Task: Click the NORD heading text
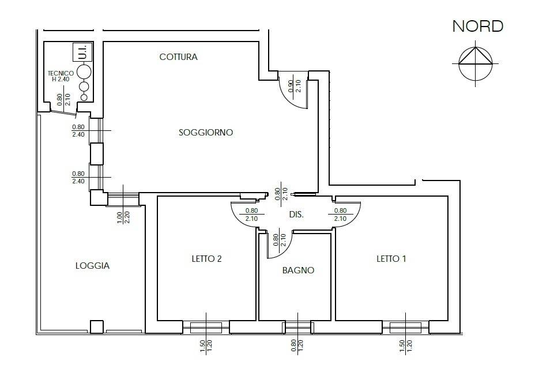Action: tap(478, 27)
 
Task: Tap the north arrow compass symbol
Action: tap(476, 63)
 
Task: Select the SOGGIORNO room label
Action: tap(206, 133)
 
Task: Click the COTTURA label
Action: tap(179, 57)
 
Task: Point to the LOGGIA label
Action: tap(93, 266)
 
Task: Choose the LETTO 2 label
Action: tap(207, 259)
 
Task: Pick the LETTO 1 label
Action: tap(391, 259)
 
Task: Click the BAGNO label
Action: tap(298, 270)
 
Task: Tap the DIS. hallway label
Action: tap(296, 215)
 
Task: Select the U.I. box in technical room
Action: tap(82, 52)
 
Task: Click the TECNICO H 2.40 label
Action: tap(61, 76)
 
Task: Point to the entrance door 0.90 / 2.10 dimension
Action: tap(295, 86)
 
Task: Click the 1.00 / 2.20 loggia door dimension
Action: tap(123, 217)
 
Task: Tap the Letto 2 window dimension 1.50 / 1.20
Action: tap(206, 346)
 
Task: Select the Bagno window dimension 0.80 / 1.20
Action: tap(297, 346)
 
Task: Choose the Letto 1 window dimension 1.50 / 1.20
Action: tap(405, 346)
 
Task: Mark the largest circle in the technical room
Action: tap(84, 72)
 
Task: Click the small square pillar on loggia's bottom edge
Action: tap(96, 327)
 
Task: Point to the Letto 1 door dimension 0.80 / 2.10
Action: tap(340, 215)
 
